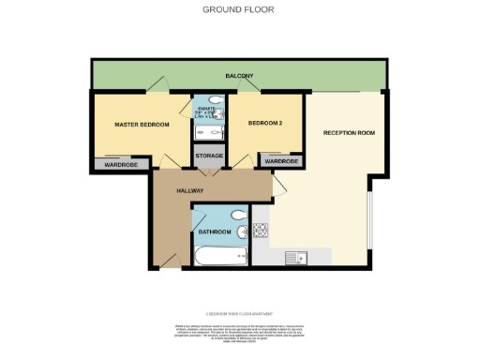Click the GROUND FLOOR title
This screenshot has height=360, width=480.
(x=239, y=10)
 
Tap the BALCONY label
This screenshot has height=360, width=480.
(x=239, y=76)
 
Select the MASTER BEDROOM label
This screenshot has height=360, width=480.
(x=141, y=124)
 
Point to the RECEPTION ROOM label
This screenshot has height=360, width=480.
(x=349, y=133)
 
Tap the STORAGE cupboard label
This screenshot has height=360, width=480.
(x=209, y=156)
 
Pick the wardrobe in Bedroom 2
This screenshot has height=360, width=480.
(x=280, y=161)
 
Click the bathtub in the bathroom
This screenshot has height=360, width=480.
(x=218, y=255)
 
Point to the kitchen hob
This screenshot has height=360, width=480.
(x=261, y=230)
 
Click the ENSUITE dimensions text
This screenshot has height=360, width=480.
(x=208, y=113)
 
